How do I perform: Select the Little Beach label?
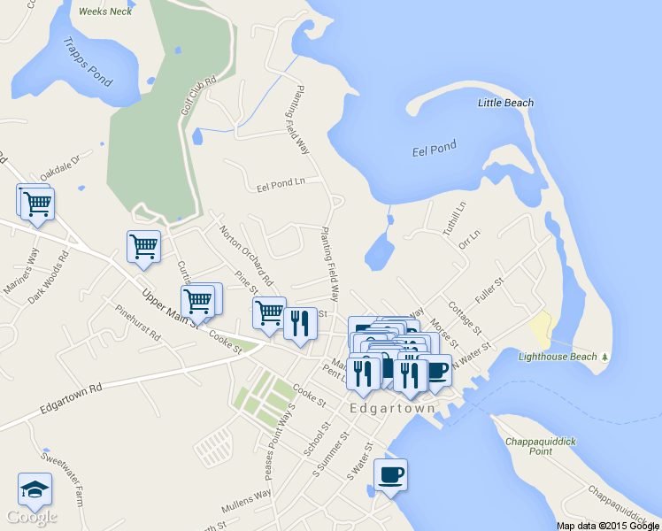(x=505, y=104)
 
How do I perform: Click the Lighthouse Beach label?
(x=558, y=357)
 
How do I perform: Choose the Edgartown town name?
(x=393, y=409)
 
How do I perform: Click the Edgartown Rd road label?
(x=71, y=400)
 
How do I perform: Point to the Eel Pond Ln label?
(x=281, y=184)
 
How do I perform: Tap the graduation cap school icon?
(x=35, y=489)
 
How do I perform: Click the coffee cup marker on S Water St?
(x=390, y=474)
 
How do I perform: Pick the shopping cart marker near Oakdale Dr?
(x=36, y=204)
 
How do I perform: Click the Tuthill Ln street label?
(x=452, y=219)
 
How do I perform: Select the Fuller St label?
(x=489, y=292)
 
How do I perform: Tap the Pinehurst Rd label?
(x=137, y=324)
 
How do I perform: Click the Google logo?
(x=31, y=515)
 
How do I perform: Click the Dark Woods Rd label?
(x=48, y=281)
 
